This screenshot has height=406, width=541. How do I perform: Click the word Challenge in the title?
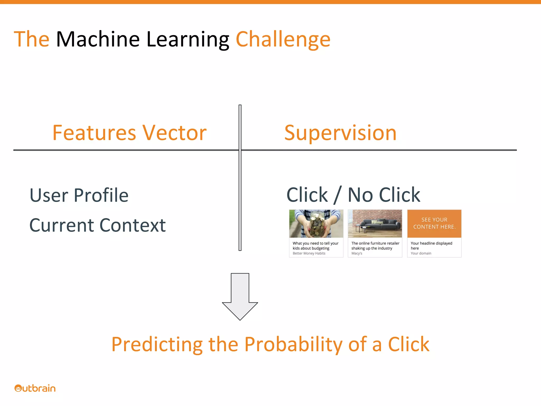283,40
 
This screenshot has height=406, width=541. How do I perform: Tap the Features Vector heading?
129,133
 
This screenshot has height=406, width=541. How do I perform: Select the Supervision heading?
340,133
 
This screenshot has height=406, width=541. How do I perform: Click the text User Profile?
79,195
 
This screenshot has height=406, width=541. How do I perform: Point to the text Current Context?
97,225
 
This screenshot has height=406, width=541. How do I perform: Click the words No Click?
384,195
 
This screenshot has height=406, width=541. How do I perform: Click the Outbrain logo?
35,388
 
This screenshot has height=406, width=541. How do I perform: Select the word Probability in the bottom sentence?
293,344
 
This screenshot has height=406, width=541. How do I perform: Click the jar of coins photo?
316,224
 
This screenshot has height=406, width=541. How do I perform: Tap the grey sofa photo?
375,224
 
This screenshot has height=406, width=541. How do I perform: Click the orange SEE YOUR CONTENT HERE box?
434,224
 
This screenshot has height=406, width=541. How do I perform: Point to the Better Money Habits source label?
309,253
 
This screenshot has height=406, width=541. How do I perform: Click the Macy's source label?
357,253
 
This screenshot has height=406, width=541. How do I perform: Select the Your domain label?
421,253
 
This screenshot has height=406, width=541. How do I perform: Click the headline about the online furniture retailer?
375,246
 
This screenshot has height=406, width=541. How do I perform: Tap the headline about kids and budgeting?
315,246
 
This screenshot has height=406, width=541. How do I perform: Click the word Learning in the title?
188,40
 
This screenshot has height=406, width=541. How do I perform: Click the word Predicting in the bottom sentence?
157,344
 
